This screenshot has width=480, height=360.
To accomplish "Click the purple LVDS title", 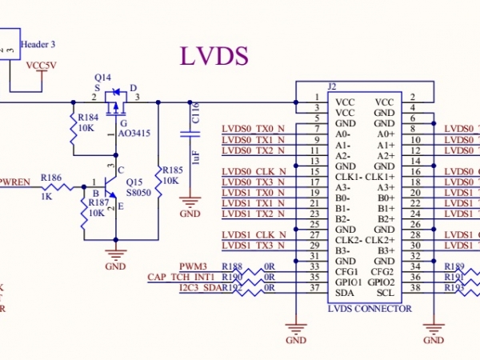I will (x=214, y=56).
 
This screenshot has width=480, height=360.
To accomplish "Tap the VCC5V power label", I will (x=42, y=66).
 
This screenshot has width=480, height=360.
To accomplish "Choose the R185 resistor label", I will (x=173, y=170).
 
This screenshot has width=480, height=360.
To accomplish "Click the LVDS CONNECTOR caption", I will (x=370, y=308).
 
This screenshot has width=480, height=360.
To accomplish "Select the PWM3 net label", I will (x=193, y=266).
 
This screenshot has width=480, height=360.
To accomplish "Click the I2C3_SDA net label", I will (x=199, y=287).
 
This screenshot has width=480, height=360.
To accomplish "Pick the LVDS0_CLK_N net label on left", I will (x=253, y=171).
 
